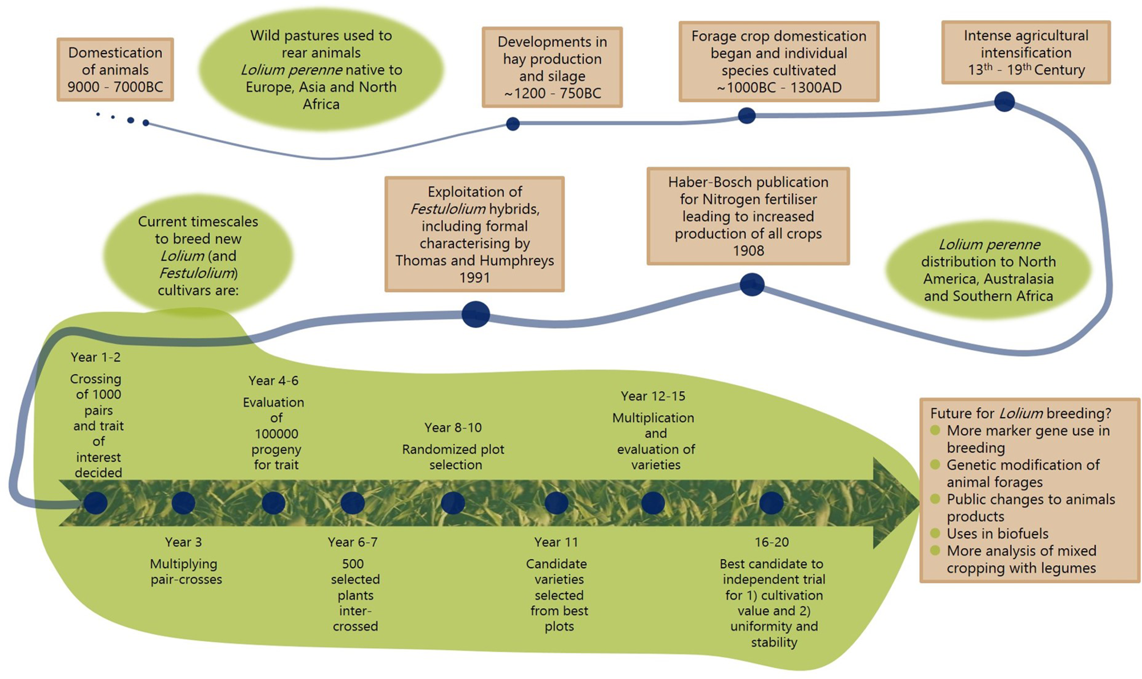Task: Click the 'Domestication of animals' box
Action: pos(115,70)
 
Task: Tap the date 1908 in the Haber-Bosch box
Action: pos(748,251)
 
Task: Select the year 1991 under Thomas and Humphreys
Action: pos(475,278)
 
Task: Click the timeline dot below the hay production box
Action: pos(513,124)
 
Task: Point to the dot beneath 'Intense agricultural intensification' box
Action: pos(1004,102)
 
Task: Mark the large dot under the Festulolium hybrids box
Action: pos(475,314)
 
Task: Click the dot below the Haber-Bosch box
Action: pos(751,285)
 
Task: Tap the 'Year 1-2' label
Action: pos(95,357)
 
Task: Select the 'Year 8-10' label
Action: pos(453,427)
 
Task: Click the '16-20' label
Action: pos(771,542)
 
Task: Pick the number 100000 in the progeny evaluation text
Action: pos(276,434)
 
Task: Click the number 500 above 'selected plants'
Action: pos(353,564)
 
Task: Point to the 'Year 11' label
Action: pos(556,542)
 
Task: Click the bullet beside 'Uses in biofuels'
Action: pos(935,533)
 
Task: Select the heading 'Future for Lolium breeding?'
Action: pos(1020,413)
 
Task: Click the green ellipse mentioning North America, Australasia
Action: pos(988,270)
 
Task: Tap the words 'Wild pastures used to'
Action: pos(321,35)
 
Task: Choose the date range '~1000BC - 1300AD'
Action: pos(778,88)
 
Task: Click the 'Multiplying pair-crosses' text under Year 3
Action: pos(186,572)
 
